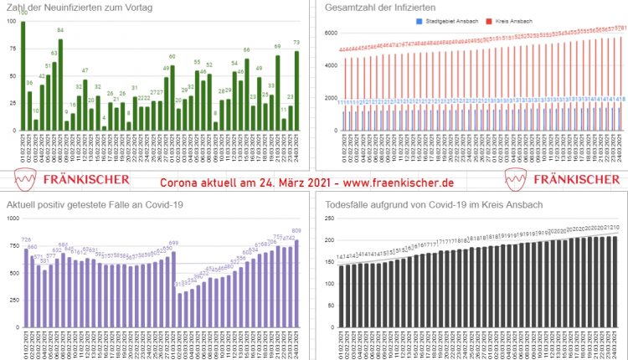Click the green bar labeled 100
[23, 76]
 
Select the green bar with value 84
[60, 85]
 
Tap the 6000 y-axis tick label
[330, 33]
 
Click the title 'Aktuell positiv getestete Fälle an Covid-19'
[95, 205]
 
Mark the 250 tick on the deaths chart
[329, 219]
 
